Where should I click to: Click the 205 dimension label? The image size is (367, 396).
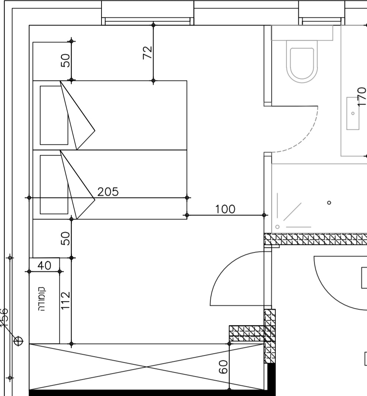108,192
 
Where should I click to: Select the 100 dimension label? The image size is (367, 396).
225,209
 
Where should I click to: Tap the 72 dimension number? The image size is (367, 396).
148,52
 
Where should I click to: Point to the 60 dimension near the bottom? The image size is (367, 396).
223,367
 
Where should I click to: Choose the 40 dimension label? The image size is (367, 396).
44,265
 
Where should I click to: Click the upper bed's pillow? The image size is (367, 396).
54,115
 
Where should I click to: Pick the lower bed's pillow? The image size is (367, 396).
54,184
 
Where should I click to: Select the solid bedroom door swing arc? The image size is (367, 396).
225,270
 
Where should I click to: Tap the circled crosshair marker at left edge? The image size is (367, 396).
18,341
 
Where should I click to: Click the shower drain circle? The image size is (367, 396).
329,202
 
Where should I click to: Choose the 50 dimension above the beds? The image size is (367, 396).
65,60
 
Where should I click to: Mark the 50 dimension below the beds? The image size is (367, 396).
65,238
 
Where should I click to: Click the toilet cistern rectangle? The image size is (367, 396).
302,33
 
